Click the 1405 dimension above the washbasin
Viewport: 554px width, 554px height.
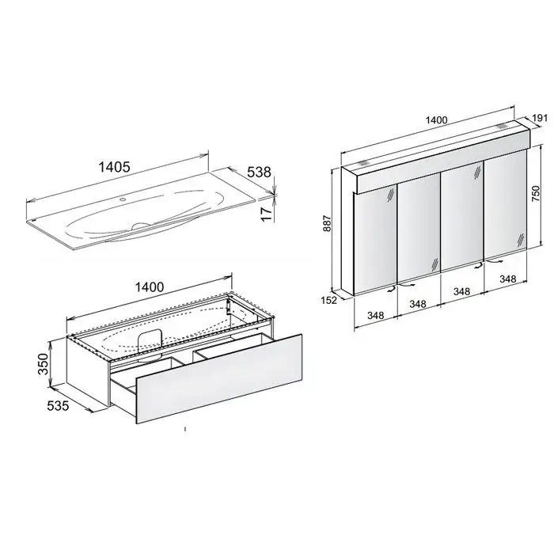click(x=114, y=167)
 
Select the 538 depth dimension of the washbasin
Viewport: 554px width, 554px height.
click(x=259, y=172)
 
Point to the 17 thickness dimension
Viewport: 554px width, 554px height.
click(x=268, y=214)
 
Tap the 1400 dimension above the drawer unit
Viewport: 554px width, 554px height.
click(x=150, y=286)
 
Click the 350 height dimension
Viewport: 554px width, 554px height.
click(x=43, y=363)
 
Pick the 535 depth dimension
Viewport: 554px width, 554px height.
click(x=58, y=406)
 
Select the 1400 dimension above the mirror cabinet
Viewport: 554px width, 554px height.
click(x=437, y=120)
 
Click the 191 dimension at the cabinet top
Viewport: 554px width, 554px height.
click(x=540, y=118)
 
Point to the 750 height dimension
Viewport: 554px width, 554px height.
click(x=536, y=193)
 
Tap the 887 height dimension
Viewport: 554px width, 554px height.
click(x=327, y=223)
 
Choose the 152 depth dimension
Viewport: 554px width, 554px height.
click(x=329, y=300)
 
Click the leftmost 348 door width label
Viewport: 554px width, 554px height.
click(x=375, y=315)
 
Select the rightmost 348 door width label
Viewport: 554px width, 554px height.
click(x=508, y=279)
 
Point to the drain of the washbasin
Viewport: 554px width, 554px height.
click(x=142, y=226)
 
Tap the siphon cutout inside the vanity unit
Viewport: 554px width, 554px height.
click(x=150, y=339)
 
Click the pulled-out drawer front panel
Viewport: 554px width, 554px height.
click(x=219, y=378)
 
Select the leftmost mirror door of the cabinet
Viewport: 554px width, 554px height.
click(x=375, y=241)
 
